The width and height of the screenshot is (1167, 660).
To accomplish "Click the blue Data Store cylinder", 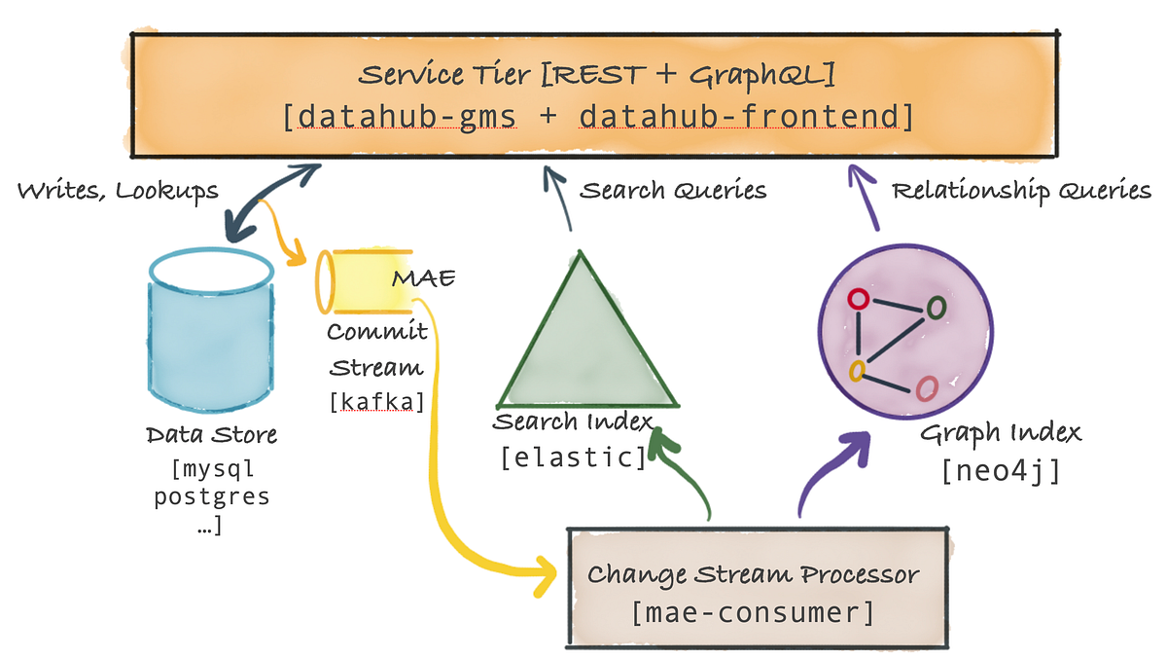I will pyautogui.click(x=210, y=331).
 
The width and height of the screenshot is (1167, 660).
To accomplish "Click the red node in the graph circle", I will pyautogui.click(x=858, y=300).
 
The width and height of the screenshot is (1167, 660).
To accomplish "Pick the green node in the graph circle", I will pyautogui.click(x=936, y=308).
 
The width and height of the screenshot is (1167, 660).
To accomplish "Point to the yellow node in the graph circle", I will pyautogui.click(x=857, y=371).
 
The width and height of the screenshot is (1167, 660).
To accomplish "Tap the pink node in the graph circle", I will pyautogui.click(x=927, y=388).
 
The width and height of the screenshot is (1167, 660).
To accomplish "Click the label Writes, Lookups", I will pyautogui.click(x=118, y=191).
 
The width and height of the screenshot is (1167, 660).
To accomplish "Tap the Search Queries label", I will pyautogui.click(x=673, y=190).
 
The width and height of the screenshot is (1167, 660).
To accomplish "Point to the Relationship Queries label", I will pyautogui.click(x=1021, y=190).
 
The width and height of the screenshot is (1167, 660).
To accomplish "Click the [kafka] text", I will pyautogui.click(x=377, y=401).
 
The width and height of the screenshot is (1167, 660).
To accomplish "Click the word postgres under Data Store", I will pyautogui.click(x=213, y=496).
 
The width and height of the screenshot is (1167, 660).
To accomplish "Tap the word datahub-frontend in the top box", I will pyautogui.click(x=745, y=117).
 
